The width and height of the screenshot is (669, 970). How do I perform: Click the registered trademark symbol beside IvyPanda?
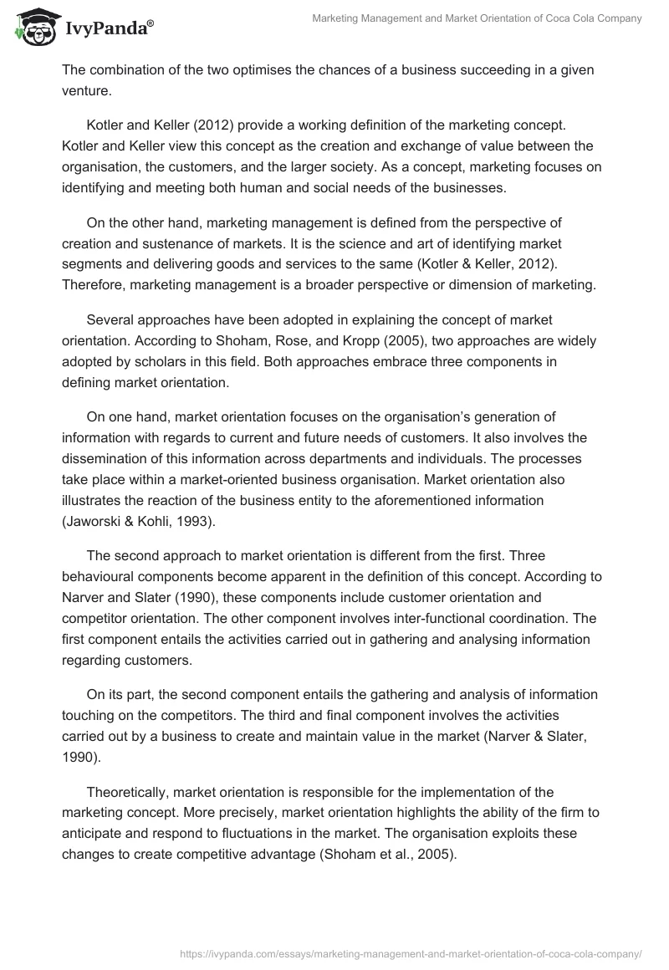[150, 24]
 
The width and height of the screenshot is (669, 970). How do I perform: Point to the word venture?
[85, 89]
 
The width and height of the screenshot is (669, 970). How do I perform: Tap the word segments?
[89, 264]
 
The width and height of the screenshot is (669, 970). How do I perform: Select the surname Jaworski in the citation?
[94, 521]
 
